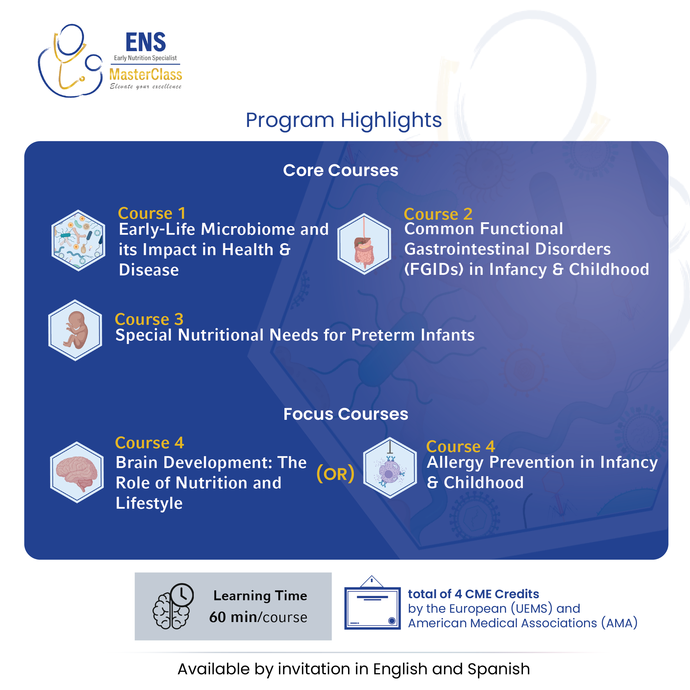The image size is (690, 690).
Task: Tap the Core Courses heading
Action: tap(341, 170)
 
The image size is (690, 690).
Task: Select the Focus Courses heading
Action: tap(346, 414)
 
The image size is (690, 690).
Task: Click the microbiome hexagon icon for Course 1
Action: tap(78, 240)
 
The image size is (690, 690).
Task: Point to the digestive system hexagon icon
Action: tap(364, 244)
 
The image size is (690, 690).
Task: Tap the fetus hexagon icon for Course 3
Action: tap(75, 330)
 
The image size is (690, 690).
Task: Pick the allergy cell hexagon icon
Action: tap(390, 467)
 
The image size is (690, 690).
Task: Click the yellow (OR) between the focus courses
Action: tap(335, 474)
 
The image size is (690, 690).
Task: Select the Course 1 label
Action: tap(152, 214)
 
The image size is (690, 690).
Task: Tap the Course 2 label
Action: tap(438, 214)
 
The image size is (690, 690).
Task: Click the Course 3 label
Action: tap(149, 319)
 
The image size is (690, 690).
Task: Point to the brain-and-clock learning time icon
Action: tap(173, 606)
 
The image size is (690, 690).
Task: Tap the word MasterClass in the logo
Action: tap(146, 75)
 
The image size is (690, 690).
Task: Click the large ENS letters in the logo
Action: tap(146, 42)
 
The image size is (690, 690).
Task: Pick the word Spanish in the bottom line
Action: tap(499, 669)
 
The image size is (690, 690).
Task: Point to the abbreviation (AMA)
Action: tap(619, 623)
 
